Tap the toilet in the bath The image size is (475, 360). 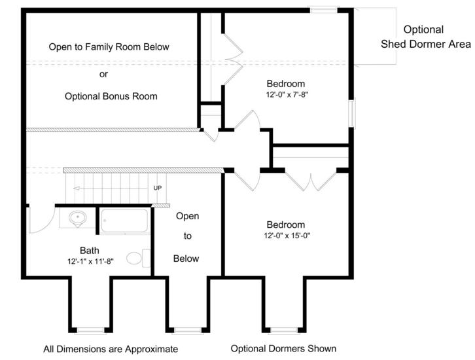click(139, 258)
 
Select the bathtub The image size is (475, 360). click(125, 221)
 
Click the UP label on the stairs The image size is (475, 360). click(158, 188)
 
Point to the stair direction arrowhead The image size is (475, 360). click(77, 189)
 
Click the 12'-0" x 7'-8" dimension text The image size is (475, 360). click(287, 94)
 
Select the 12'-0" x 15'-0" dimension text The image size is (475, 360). click(287, 236)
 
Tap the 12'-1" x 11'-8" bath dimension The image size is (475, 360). click(90, 261)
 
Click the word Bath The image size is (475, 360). click(90, 250)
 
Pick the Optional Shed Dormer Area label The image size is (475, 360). click(426, 37)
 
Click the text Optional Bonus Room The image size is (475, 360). click(111, 96)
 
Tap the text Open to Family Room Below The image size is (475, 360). click(109, 47)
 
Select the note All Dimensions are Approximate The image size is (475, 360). click(111, 349)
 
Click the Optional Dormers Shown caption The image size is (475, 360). click(283, 348)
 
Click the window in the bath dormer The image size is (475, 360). click(90, 331)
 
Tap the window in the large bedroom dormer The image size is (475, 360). click(284, 331)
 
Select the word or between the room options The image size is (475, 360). click(103, 74)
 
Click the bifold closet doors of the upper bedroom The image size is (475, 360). click(232, 59)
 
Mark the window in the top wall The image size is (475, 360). click(323, 10)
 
